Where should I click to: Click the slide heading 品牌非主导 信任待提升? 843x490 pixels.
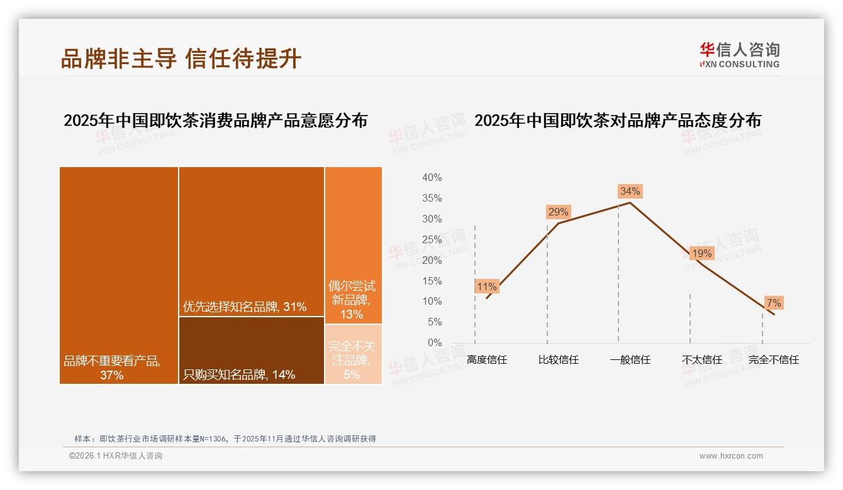tap(181, 58)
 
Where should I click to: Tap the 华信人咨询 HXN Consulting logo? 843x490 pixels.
tap(739, 55)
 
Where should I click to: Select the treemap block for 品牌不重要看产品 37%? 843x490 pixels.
tap(119, 275)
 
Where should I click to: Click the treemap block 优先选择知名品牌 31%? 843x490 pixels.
tap(252, 241)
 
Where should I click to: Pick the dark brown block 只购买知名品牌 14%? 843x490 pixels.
tap(252, 350)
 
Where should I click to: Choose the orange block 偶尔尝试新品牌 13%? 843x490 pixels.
tap(353, 245)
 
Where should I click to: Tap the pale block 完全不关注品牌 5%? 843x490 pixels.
tap(353, 354)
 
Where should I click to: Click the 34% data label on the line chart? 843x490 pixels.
tap(630, 191)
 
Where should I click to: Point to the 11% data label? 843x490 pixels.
tap(487, 286)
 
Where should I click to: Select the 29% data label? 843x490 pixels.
tap(558, 212)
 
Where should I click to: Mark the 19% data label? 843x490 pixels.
tap(701, 253)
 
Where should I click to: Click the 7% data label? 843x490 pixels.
tap(773, 303)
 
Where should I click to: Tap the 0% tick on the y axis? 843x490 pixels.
tap(434, 343)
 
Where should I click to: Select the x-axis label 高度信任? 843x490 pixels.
tap(487, 360)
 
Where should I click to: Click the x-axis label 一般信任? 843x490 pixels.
tap(630, 360)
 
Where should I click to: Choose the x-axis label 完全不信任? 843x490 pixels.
tap(773, 360)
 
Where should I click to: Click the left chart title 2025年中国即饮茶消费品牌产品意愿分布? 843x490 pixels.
tap(215, 120)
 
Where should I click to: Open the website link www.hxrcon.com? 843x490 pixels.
tap(731, 456)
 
